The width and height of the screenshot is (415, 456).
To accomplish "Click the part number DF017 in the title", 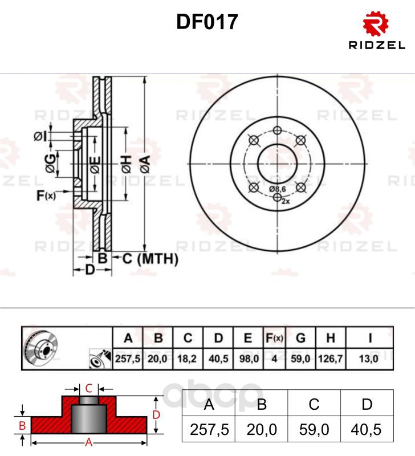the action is coord(207,22).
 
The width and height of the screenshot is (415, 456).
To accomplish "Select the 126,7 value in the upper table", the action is coord(330,359).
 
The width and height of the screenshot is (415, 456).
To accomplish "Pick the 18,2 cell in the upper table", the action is coord(187,359).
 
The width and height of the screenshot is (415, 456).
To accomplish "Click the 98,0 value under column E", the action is coord(249,359).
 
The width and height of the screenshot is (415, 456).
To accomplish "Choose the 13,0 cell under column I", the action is coord(368,359).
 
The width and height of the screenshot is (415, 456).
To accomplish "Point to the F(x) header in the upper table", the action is coord(274,338).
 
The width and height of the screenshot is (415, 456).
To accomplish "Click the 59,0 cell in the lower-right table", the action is coord(314,430).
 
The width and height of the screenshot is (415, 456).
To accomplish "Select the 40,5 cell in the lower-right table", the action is coord(366,430).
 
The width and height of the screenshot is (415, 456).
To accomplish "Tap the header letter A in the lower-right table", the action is coord(209,404).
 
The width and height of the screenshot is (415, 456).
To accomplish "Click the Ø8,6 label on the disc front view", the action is coord(278,189).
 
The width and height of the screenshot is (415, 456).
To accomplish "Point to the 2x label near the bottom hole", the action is coord(286,201).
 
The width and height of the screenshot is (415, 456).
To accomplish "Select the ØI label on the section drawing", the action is coord(40,136).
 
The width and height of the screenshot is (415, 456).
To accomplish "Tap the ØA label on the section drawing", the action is coord(145,164).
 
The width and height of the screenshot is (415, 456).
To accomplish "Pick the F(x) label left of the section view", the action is coord(46,196).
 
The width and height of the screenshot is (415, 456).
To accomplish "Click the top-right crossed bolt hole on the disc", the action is coord(301,140).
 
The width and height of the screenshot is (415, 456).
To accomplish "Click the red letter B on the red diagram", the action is coord(22,426).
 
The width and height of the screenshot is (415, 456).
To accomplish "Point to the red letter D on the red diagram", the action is coord(156,415).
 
